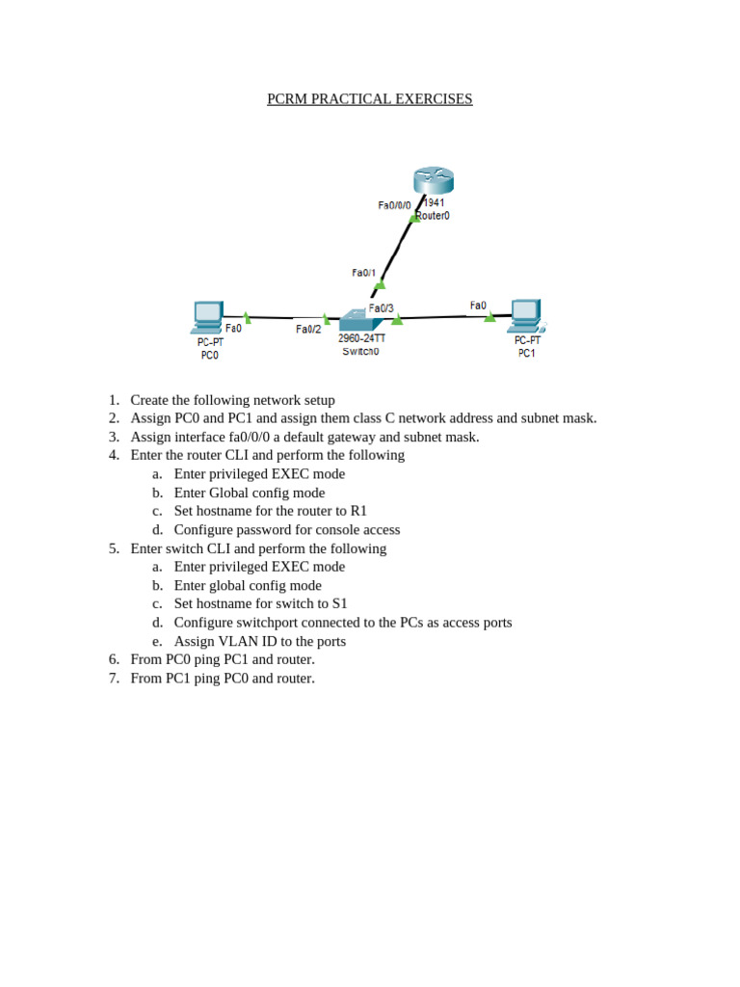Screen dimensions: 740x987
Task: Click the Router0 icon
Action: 434,180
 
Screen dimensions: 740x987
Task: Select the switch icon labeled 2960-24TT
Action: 360,320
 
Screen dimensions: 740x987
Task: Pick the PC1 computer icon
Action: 527,316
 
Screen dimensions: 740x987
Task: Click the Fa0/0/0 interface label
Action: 394,205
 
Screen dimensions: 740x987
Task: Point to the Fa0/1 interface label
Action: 363,273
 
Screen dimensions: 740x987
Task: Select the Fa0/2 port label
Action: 308,330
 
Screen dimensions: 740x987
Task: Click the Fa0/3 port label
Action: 382,307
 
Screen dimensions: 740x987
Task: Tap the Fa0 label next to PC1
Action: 478,306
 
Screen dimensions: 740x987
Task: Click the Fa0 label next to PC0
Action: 233,328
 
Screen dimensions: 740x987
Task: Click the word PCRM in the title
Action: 287,99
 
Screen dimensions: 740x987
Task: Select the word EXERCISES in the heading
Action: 438,99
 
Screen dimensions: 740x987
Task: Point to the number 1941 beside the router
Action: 435,202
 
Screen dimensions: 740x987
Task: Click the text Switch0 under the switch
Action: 360,351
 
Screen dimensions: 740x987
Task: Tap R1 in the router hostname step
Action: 358,511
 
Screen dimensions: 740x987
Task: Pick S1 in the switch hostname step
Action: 340,603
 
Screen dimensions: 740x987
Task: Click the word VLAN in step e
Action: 238,641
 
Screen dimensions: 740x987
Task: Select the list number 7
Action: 114,678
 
